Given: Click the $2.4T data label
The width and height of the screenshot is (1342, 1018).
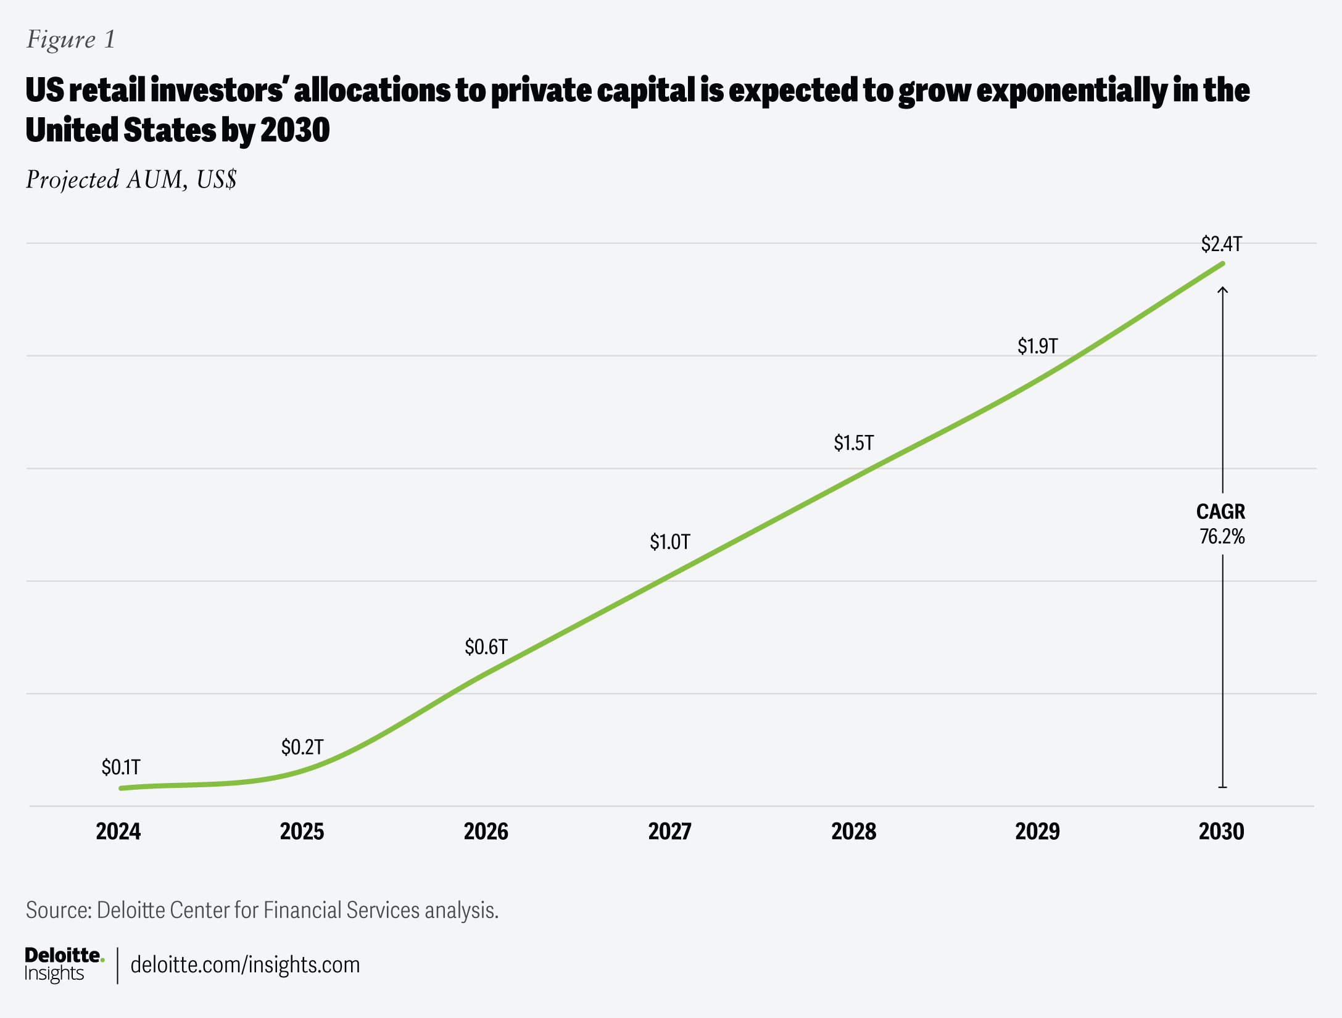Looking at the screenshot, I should click(x=1221, y=244).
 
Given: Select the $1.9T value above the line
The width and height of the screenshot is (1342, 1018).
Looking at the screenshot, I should click(x=1037, y=346).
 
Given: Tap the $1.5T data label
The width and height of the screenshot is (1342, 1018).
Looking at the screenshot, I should click(x=853, y=443).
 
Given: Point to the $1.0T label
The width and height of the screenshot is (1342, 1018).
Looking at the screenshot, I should click(x=669, y=542).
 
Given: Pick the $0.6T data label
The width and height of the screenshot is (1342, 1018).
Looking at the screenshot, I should click(x=486, y=647).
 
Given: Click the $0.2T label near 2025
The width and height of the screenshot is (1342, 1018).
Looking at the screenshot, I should click(x=302, y=748).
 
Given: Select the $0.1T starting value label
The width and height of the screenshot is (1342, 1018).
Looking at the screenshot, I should click(x=121, y=768).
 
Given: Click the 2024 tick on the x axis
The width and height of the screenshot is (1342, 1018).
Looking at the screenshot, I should click(x=118, y=832).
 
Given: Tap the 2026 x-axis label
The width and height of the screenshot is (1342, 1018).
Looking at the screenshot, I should click(x=486, y=832).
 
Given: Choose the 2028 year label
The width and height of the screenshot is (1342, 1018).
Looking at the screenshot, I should click(x=853, y=832).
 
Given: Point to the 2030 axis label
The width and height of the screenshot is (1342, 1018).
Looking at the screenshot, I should click(x=1221, y=832).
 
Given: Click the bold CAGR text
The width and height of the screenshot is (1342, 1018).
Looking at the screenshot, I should click(x=1220, y=512).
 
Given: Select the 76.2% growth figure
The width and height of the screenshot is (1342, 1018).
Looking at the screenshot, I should click(x=1222, y=537).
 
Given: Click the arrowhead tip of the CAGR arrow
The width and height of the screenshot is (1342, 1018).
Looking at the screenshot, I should click(x=1222, y=288).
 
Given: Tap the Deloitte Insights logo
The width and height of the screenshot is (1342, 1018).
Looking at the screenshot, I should click(x=64, y=964).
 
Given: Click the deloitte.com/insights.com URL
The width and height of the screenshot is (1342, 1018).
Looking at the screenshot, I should click(x=245, y=964).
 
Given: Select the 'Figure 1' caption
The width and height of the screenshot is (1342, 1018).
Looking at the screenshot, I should click(x=70, y=39).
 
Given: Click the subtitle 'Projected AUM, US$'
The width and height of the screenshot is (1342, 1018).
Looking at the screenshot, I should click(x=131, y=180).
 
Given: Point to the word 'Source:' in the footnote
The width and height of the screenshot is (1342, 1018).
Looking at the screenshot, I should click(x=59, y=911).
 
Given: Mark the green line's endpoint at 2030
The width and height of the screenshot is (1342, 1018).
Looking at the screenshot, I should click(x=1222, y=264).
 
